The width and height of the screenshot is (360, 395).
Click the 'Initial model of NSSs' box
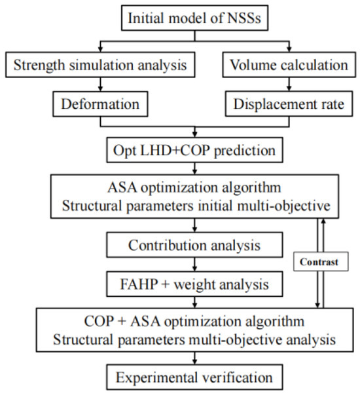click(x=194, y=17)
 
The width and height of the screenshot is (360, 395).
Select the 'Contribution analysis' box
click(x=194, y=247)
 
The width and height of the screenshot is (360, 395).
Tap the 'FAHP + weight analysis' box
click(x=194, y=285)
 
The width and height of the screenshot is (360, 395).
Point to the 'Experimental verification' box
click(x=194, y=378)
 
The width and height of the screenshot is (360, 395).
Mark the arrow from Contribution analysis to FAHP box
click(x=194, y=266)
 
